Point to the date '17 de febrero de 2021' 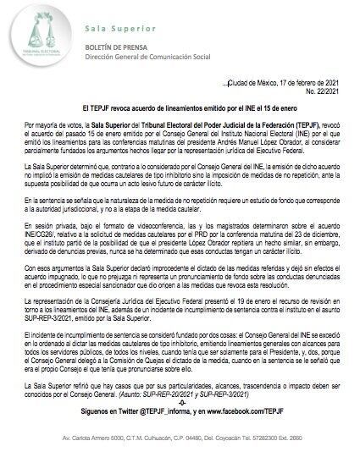pyautogui.click(x=307, y=80)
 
